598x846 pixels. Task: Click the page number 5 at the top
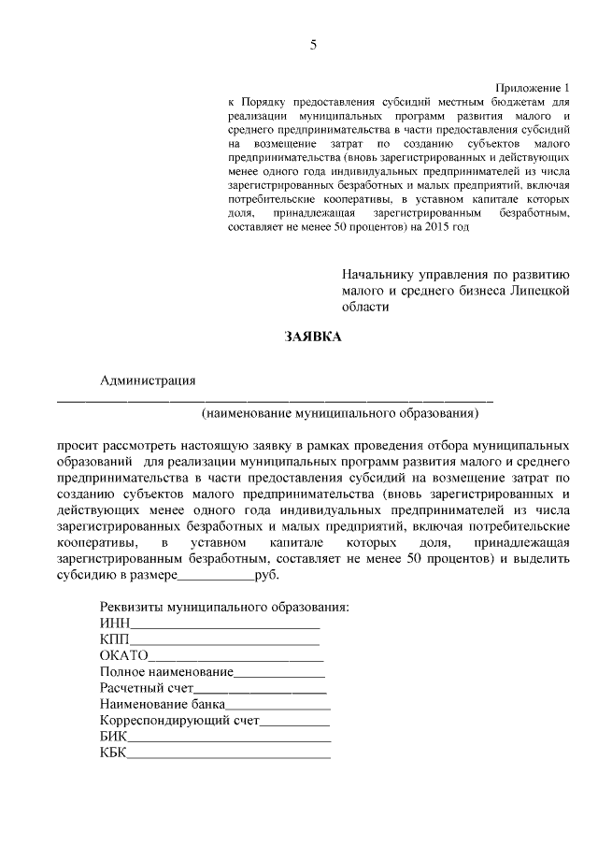(x=313, y=45)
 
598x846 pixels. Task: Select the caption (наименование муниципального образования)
(x=340, y=412)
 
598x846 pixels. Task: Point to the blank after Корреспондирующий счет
(x=294, y=723)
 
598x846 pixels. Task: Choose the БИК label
(x=113, y=738)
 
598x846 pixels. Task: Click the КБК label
(x=113, y=755)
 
